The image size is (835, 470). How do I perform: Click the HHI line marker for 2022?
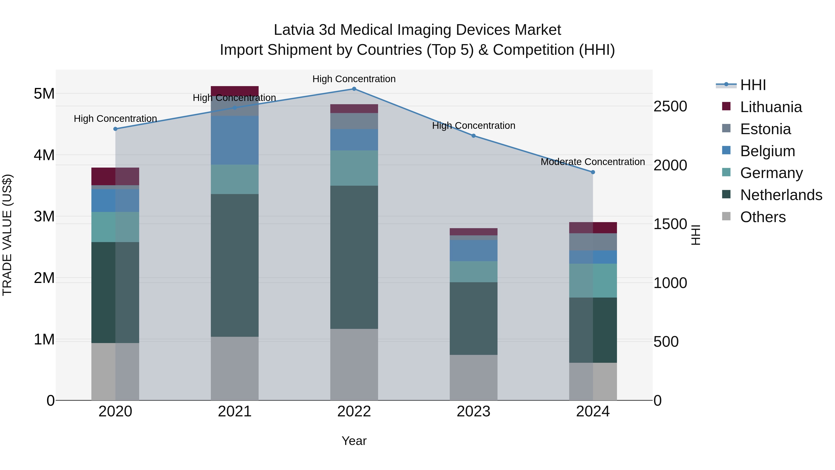354,89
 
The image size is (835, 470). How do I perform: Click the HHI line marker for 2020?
116,129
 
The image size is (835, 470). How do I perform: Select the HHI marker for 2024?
593,172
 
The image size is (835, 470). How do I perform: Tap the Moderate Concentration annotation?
593,162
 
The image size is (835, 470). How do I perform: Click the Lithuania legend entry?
771,107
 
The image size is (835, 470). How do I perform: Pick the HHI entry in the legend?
753,85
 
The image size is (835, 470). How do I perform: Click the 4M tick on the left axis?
44,155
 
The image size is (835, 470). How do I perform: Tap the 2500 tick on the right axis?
670,106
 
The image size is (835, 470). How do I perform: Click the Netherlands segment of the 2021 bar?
235,265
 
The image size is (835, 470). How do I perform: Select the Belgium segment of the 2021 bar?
235,140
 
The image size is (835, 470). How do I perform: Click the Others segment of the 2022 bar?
354,365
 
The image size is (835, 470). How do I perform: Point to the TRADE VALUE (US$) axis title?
7,235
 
